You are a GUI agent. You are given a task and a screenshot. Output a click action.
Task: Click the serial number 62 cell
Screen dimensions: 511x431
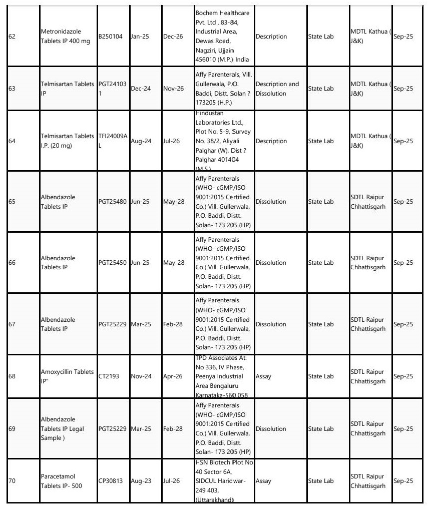tap(13, 37)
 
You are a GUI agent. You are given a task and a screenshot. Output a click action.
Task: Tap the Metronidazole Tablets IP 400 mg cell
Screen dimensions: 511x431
tap(65, 37)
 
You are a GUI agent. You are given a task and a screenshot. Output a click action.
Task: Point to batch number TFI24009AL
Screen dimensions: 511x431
tap(112, 141)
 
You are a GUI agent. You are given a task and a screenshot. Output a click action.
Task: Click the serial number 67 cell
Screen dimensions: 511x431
tap(13, 324)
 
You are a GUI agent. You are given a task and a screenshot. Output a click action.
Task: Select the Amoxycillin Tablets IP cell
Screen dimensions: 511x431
tap(67, 376)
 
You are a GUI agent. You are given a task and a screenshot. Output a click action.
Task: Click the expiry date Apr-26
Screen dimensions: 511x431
tap(173, 376)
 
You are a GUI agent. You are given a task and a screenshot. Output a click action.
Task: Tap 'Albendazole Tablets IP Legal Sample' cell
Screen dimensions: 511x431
tap(65, 429)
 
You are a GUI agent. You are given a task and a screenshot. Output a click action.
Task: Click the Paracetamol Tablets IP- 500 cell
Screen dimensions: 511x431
tap(65, 481)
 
